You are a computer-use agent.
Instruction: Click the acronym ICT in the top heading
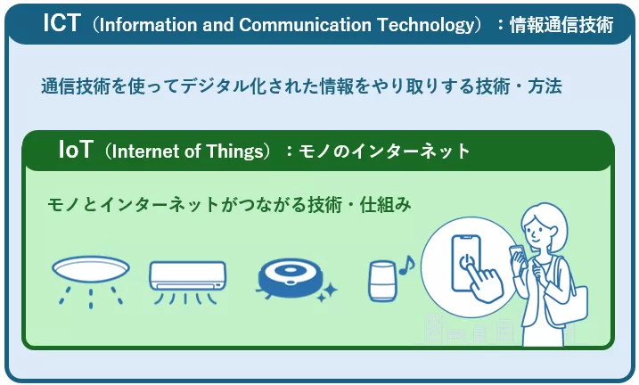tap(63, 24)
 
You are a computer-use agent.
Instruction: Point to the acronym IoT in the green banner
tap(76, 150)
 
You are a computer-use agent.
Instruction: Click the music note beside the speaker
tap(406, 265)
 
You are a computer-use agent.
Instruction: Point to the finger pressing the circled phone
tap(487, 283)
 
